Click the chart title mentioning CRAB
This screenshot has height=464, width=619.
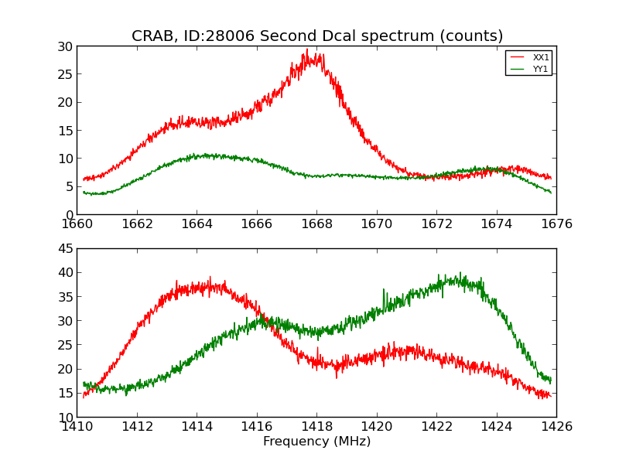point(317,36)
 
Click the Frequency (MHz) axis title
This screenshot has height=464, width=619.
point(316,442)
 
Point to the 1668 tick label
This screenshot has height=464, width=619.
point(316,224)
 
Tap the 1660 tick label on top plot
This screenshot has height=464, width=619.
point(77,224)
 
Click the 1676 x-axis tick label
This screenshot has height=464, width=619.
point(556,224)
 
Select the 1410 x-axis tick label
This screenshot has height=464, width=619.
point(77,427)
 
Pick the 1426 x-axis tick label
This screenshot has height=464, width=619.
point(556,427)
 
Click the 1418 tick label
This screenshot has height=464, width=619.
point(316,427)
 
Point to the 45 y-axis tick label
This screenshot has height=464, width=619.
point(64,248)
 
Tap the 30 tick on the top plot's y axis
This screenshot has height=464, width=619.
point(64,46)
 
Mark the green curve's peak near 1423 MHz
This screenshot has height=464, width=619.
point(460,273)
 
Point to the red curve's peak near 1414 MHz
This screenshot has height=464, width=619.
point(209,278)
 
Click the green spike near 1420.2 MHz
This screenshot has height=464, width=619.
point(383,290)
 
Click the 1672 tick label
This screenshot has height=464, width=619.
point(436,224)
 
